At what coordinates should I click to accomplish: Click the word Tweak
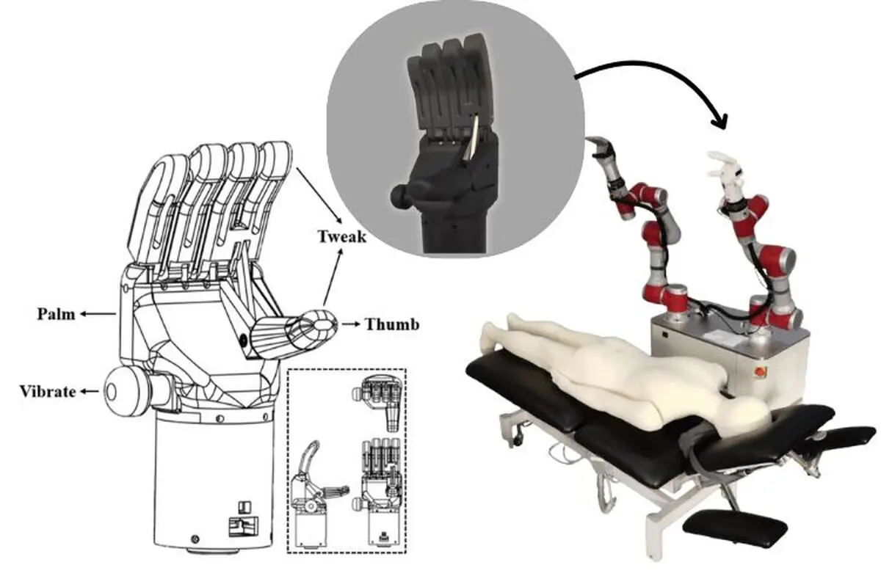pos(342,237)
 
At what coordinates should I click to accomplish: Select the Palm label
pos(57,314)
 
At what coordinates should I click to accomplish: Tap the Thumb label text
pos(392,324)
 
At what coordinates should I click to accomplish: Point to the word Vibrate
pos(48,392)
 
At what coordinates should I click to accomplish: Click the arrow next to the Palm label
pos(98,314)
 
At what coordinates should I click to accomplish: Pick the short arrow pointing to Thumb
pos(351,324)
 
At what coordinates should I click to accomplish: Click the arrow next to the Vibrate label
pos(90,391)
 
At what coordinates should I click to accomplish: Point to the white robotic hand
pos(725,177)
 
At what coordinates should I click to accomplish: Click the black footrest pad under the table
pos(736,529)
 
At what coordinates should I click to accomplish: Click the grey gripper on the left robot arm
pos(602,147)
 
